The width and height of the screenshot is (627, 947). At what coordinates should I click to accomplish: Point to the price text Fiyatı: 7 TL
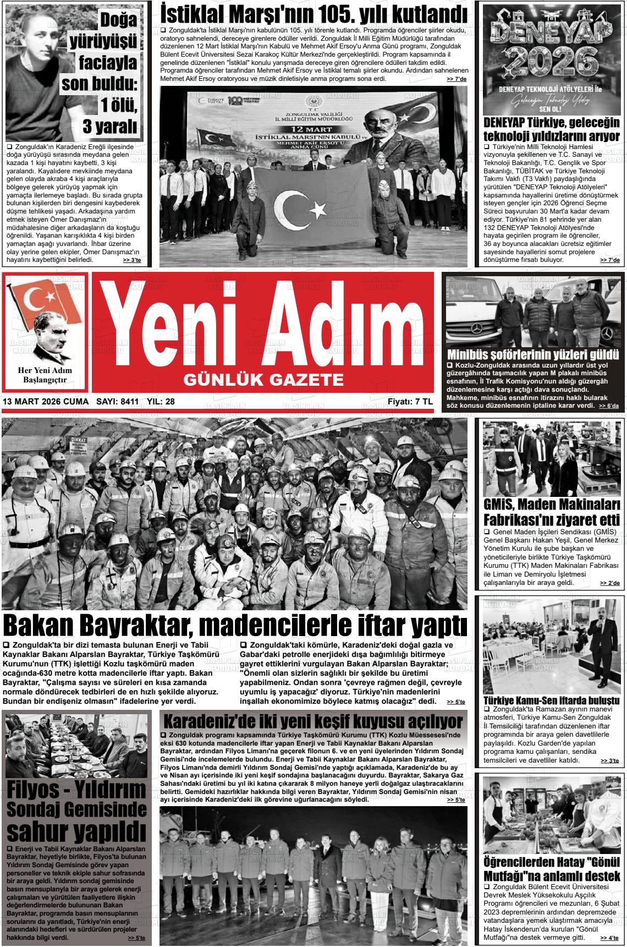tap(410, 402)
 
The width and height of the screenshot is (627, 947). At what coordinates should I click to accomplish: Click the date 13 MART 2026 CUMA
tap(46, 402)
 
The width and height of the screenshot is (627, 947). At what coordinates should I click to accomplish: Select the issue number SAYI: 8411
tap(117, 402)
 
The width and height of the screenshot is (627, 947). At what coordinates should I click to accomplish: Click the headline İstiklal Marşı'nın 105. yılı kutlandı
tap(313, 14)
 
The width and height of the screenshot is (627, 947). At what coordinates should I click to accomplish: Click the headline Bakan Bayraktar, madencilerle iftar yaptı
tap(235, 626)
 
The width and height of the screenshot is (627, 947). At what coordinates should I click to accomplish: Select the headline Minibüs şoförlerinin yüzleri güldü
tap(533, 354)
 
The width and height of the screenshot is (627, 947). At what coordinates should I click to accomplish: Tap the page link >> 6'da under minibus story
tap(609, 406)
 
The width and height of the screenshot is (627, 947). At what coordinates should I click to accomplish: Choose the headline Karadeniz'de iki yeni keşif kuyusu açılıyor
tap(313, 721)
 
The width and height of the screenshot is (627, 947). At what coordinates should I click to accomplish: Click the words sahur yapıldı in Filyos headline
tap(76, 829)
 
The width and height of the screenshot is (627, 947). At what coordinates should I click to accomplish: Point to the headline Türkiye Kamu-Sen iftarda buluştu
tap(551, 700)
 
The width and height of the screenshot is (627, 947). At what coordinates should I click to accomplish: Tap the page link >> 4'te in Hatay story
tap(609, 938)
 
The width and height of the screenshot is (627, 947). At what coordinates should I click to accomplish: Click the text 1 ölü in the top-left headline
tap(117, 105)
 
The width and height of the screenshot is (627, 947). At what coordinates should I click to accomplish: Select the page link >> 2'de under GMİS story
tap(609, 583)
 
